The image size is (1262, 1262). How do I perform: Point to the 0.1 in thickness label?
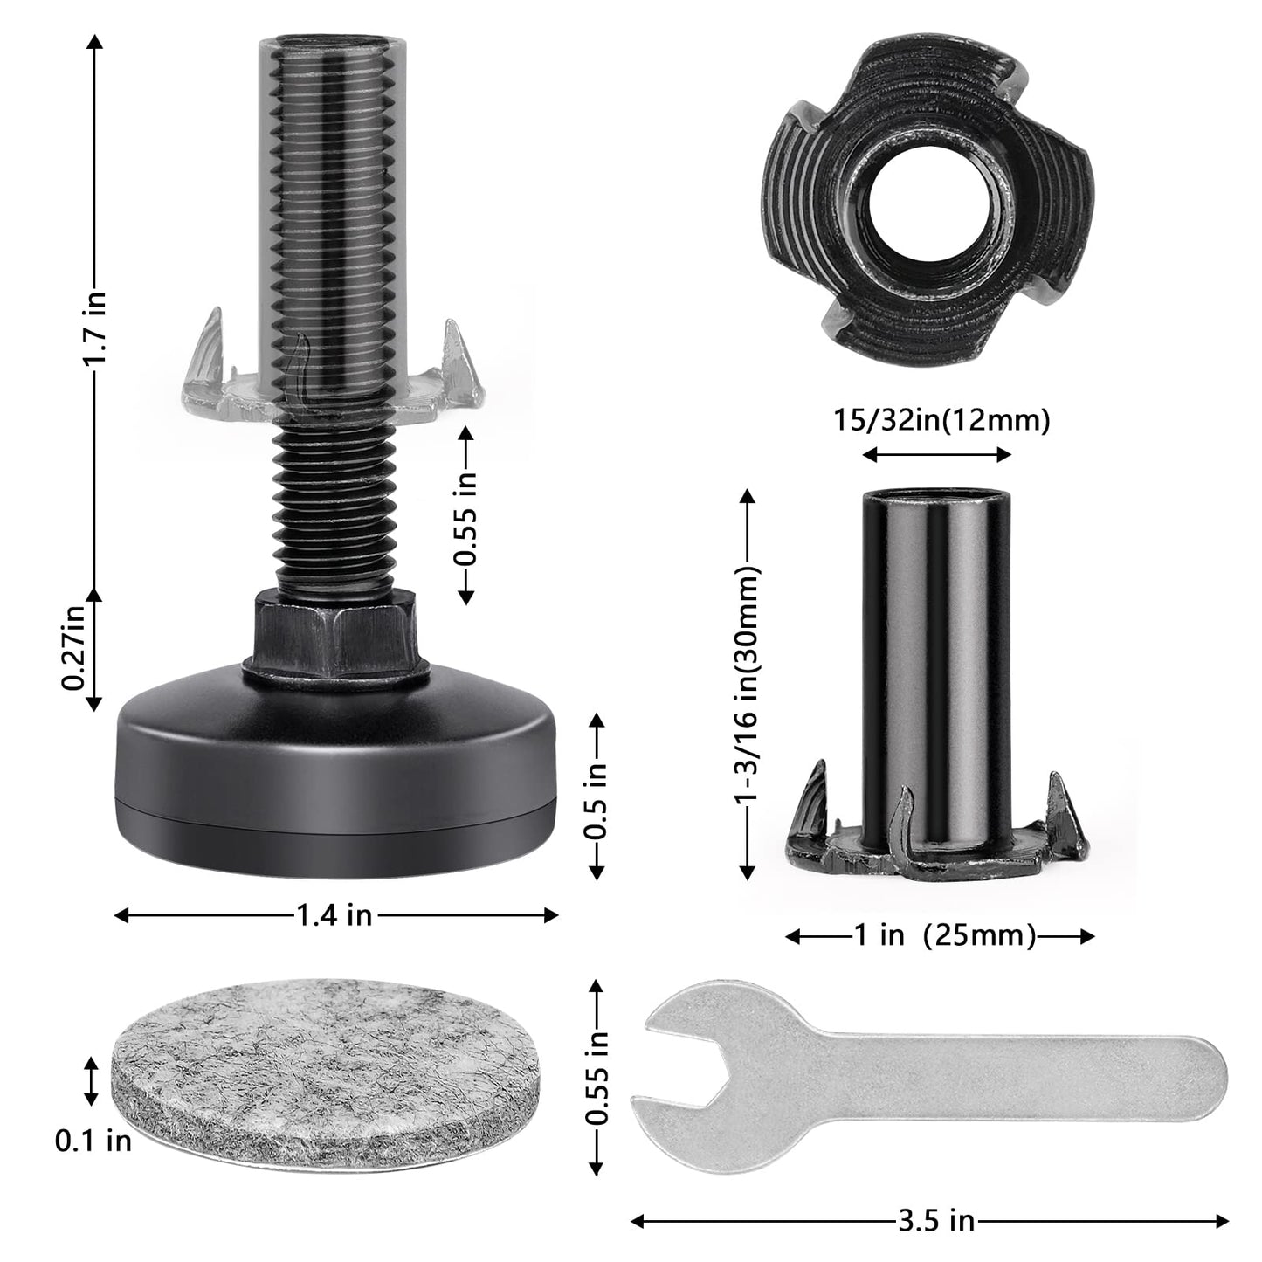[x=93, y=1140]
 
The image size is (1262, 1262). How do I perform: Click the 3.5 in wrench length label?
[x=935, y=1220]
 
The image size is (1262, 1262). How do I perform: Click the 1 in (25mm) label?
[x=943, y=936]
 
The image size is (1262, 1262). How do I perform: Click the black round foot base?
[x=336, y=769]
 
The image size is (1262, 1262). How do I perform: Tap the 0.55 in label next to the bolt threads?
[x=468, y=516]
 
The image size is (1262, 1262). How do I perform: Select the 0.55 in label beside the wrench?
[x=596, y=1078]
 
